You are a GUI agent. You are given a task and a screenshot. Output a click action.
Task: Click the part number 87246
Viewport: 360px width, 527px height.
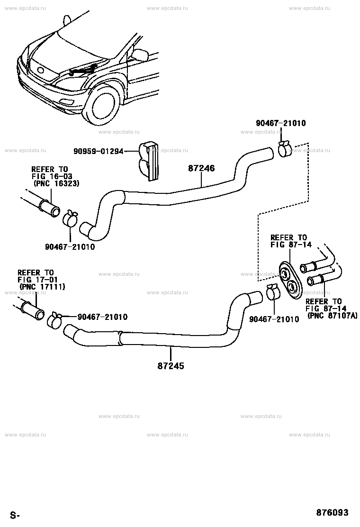201,168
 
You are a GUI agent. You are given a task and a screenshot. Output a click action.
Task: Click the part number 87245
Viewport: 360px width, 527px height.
171,366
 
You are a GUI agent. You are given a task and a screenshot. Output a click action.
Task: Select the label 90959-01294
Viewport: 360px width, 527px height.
99,152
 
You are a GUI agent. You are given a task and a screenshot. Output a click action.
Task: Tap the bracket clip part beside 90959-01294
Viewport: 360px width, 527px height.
148,161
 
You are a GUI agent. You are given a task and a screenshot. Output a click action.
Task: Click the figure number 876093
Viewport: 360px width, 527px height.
332,513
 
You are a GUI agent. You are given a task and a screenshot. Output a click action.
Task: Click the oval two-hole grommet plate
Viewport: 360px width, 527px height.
290,280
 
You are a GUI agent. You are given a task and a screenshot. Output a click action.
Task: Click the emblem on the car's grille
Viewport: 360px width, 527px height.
41,71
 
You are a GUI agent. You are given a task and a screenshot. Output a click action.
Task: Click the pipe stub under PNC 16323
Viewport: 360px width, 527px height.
49,208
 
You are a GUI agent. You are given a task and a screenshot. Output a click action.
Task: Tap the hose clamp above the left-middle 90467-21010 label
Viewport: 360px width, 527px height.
71,218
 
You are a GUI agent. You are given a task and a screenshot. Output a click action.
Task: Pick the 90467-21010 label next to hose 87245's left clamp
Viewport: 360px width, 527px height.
102,317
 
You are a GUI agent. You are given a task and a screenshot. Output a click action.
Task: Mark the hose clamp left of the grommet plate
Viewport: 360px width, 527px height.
274,292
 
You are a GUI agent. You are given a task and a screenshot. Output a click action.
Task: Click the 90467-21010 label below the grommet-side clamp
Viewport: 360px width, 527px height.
274,319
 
